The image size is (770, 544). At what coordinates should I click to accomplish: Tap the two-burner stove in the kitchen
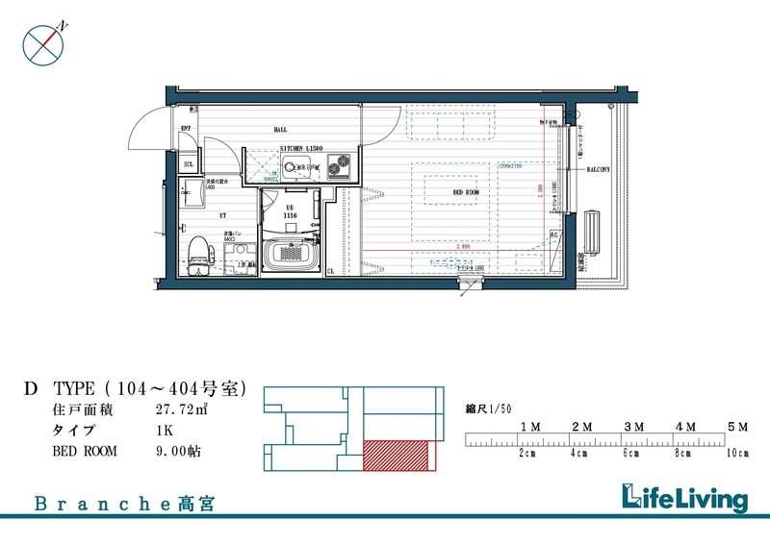[x=338, y=168]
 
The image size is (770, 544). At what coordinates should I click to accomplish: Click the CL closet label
[x=330, y=272]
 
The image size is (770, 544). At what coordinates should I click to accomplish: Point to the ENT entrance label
[x=186, y=128]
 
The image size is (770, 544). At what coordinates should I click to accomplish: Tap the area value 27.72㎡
[x=182, y=410]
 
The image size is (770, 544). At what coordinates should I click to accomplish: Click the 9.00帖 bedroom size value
[x=179, y=449]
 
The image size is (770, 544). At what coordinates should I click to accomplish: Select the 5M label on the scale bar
[x=737, y=425]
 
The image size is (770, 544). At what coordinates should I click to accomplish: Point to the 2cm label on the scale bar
[x=526, y=452]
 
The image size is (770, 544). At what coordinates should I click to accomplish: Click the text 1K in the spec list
[x=166, y=430]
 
